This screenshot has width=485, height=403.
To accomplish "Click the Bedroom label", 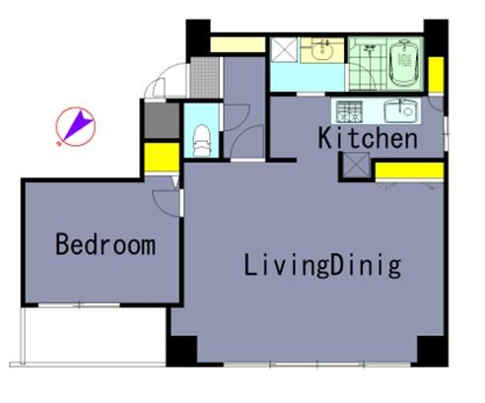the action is click(105, 244).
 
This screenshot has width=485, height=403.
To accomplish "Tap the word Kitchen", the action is click(368, 138).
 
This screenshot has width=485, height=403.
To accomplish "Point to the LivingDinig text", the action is click(322, 265).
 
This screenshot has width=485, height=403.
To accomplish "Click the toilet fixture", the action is click(201, 141).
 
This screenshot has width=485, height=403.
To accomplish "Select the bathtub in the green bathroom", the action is click(404, 63).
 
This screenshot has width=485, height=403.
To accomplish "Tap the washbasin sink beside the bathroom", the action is click(322, 50).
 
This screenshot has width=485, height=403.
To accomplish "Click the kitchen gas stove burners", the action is click(349, 112).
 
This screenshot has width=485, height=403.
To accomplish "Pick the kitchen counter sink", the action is click(400, 111).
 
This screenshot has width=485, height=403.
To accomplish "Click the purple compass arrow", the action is click(78, 125).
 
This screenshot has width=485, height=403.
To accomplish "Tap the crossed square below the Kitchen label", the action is click(356, 166).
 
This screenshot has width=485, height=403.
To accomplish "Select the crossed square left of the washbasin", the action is click(284, 49).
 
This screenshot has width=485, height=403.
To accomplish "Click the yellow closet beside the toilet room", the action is click(162, 157).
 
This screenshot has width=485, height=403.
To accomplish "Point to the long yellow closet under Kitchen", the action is click(409, 170).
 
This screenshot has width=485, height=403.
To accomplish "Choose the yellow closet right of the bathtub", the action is click(436, 75).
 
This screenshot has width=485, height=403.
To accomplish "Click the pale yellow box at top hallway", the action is click(238, 44).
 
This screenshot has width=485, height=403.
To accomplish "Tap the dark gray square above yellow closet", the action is click(162, 120).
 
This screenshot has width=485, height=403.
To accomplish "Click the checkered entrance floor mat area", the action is click(205, 78).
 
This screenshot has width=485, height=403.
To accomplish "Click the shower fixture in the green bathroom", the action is click(370, 52).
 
